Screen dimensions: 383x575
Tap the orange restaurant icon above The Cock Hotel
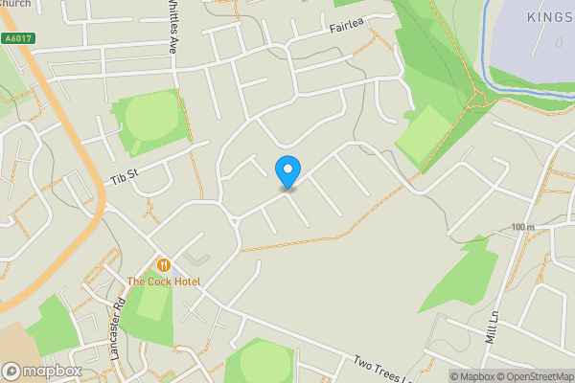tap(163, 265)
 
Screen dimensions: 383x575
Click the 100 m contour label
tap(522, 227)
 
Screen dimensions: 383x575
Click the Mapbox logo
tap(41, 371)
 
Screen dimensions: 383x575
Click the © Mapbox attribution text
tap(470, 376)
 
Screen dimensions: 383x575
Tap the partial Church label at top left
tap(15, 4)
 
